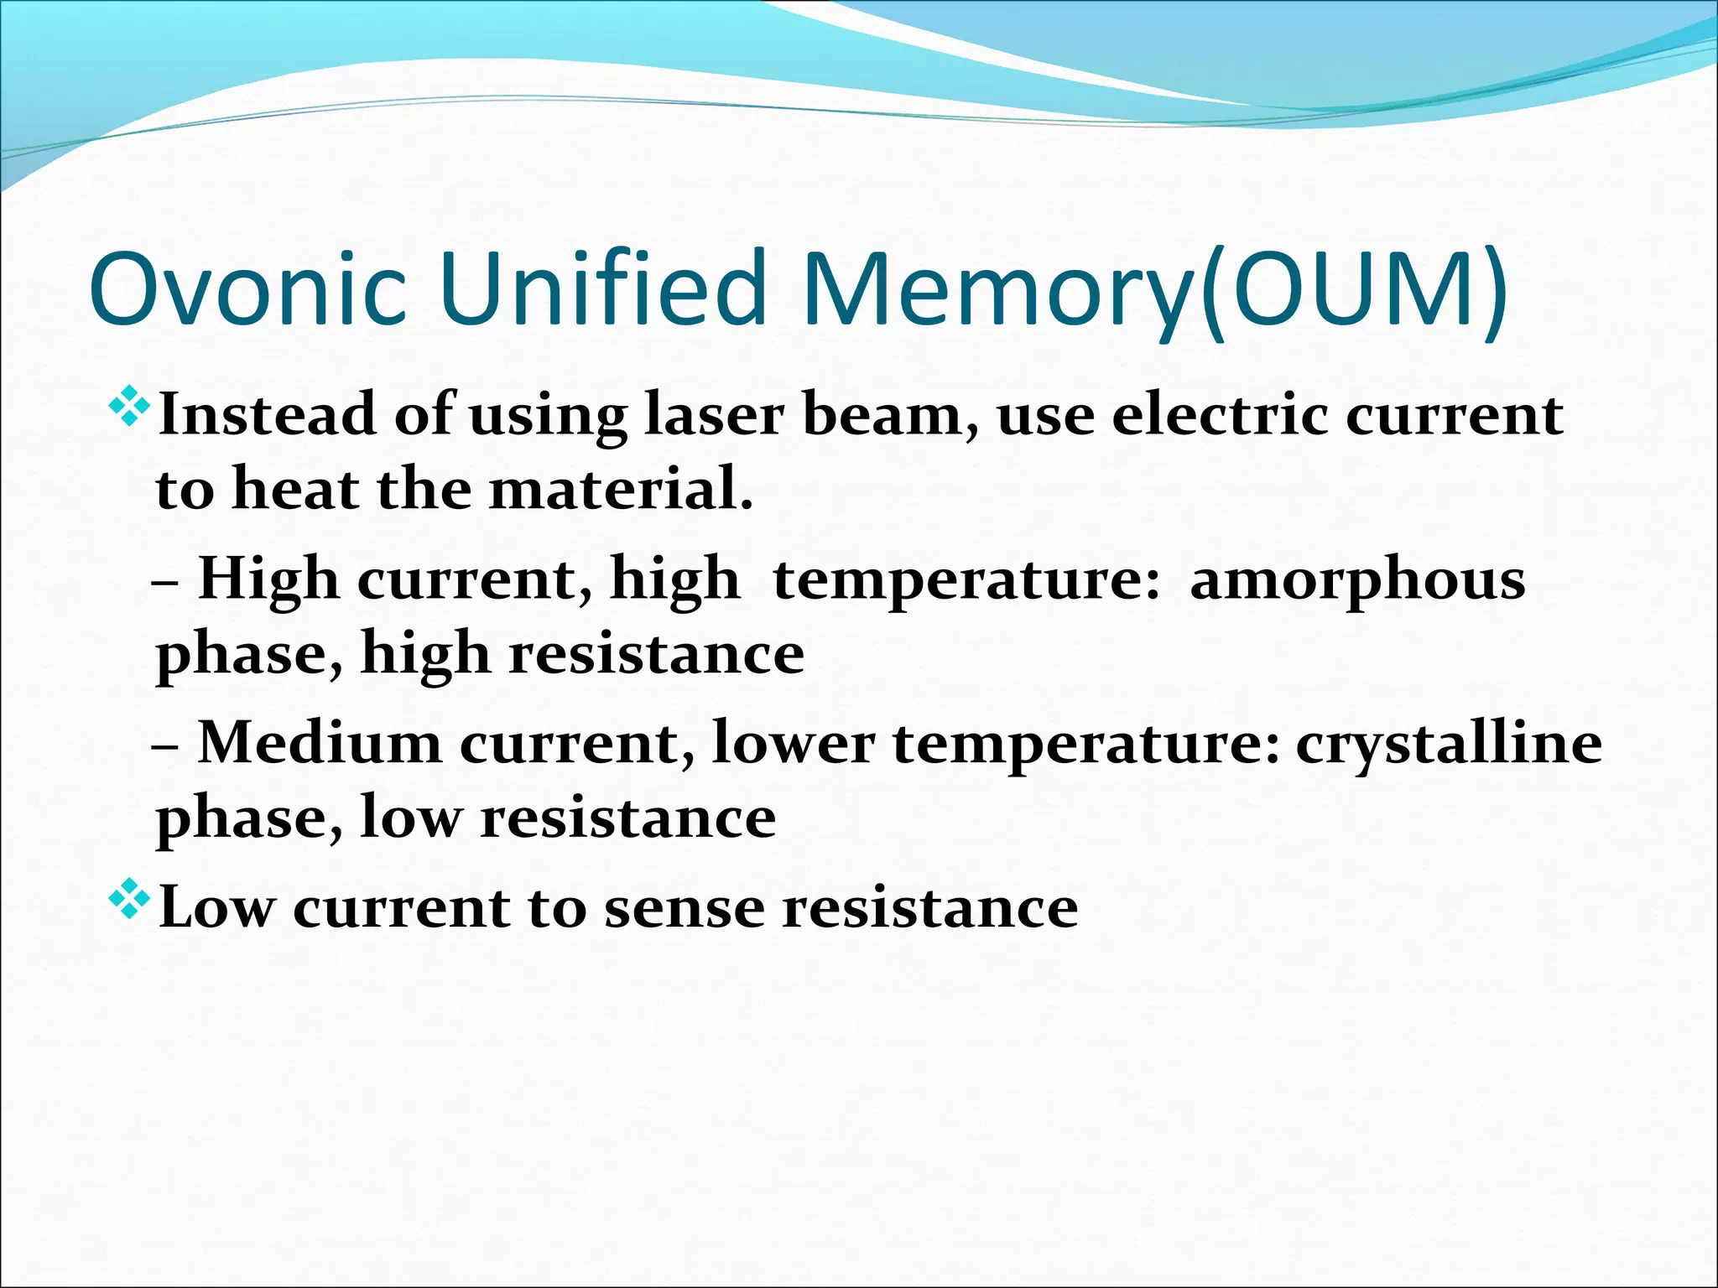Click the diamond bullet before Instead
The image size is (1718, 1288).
pos(129,410)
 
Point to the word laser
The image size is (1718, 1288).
pos(714,415)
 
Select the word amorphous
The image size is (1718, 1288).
pos(1357,581)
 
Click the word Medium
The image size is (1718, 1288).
pos(319,744)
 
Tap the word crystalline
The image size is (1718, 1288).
pos(1449,745)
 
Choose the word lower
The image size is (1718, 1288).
pos(793,744)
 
